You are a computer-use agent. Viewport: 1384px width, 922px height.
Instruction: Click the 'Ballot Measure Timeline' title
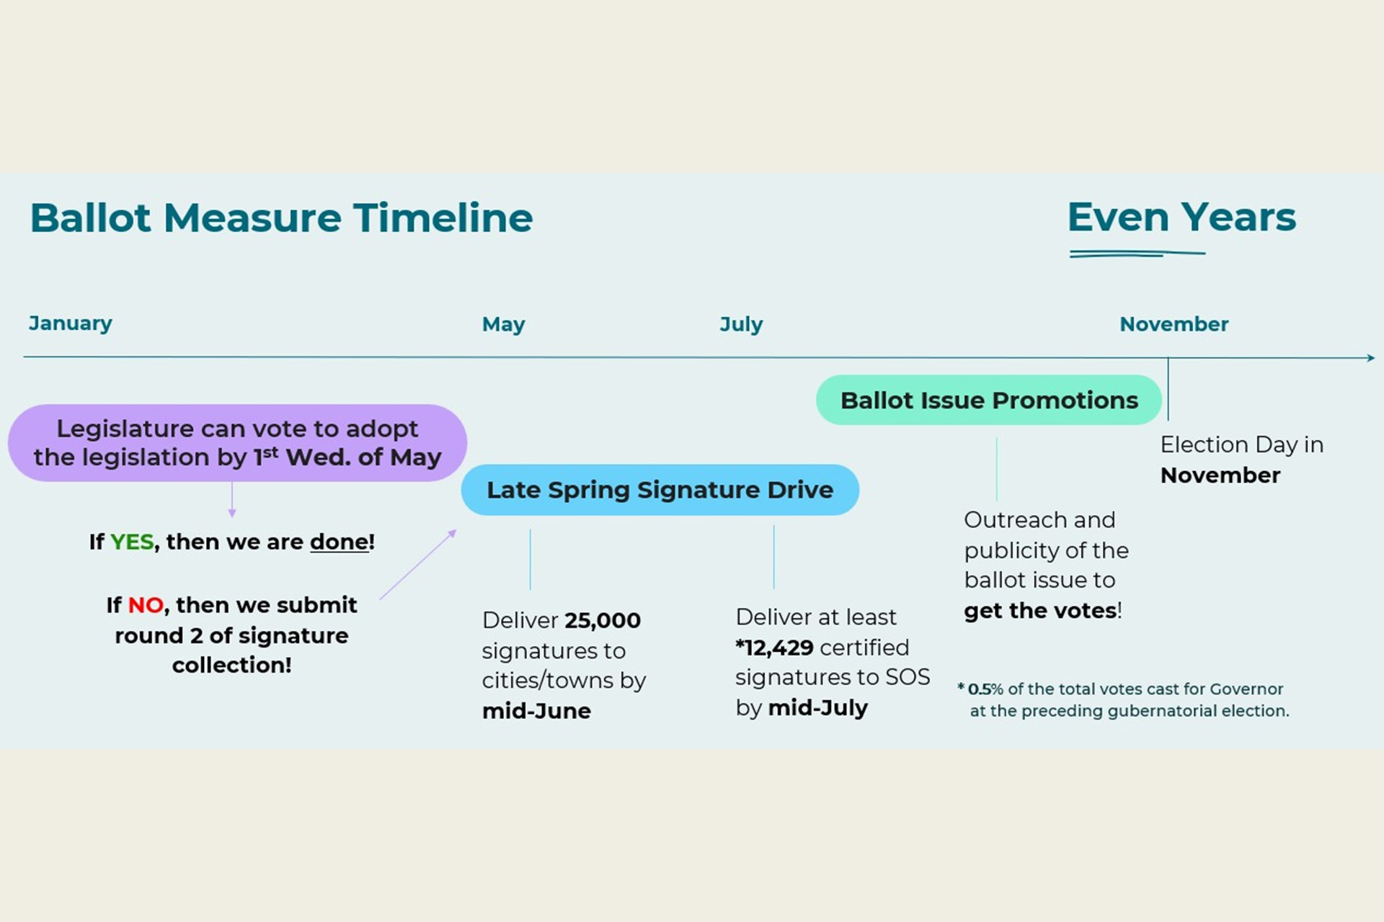281,218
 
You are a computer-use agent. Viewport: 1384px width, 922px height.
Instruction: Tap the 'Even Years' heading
1181,218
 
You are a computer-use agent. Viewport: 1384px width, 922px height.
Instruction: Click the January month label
71,323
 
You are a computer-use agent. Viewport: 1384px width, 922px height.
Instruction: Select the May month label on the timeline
503,324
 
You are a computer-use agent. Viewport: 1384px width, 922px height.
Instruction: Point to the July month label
741,324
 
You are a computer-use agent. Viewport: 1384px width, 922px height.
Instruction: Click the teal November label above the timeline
1174,324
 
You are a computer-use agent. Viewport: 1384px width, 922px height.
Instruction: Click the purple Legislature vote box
237,442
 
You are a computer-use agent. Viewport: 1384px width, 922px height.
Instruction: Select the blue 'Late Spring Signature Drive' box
660,490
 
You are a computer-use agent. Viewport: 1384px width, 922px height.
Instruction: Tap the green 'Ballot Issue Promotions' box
988,400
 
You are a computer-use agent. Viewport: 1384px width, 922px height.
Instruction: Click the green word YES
132,542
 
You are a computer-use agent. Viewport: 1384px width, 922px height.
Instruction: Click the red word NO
146,605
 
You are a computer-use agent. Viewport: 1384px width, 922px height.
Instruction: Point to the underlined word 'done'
339,542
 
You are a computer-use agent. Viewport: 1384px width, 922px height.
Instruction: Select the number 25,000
602,620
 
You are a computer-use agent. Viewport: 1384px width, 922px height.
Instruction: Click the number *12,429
774,648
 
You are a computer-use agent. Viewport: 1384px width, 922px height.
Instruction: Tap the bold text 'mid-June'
536,711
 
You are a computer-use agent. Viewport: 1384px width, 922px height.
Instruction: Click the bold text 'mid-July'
817,708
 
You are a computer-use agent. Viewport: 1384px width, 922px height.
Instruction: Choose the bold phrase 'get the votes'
1040,611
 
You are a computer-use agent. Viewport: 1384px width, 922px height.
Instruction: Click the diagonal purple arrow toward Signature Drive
418,565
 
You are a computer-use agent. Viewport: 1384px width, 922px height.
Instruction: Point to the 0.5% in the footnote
985,689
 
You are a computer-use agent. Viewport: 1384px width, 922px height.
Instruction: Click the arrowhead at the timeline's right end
1370,358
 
